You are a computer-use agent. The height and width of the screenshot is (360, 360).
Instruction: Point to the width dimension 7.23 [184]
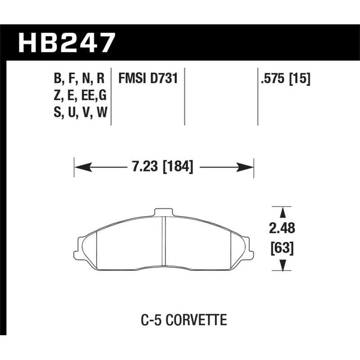[x=163, y=167]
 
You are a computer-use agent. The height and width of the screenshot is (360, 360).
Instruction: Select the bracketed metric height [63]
[x=283, y=247]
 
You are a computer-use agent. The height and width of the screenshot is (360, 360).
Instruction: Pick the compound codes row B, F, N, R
[x=79, y=80]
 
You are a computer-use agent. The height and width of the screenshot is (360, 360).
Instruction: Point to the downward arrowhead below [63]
[x=283, y=266]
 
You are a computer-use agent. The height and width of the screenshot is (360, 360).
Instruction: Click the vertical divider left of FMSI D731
[x=111, y=97]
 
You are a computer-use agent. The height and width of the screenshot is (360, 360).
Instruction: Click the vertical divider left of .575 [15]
[x=258, y=97]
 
